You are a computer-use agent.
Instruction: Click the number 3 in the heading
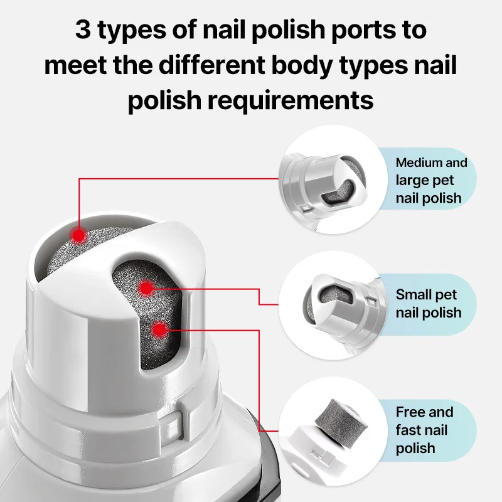point(83,29)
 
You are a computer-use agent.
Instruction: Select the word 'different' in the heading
point(211,65)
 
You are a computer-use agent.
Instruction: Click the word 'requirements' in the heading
point(291,101)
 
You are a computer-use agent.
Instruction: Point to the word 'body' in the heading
point(302,67)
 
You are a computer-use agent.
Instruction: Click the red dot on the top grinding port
point(78,236)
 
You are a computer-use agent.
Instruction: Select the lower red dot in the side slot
point(160,330)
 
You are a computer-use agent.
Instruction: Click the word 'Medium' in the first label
point(417,163)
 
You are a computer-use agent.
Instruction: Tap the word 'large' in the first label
point(411,181)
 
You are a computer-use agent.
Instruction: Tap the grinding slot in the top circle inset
point(338,191)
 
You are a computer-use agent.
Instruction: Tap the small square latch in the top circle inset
point(306,208)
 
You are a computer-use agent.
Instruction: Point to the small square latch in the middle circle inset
point(372,301)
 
